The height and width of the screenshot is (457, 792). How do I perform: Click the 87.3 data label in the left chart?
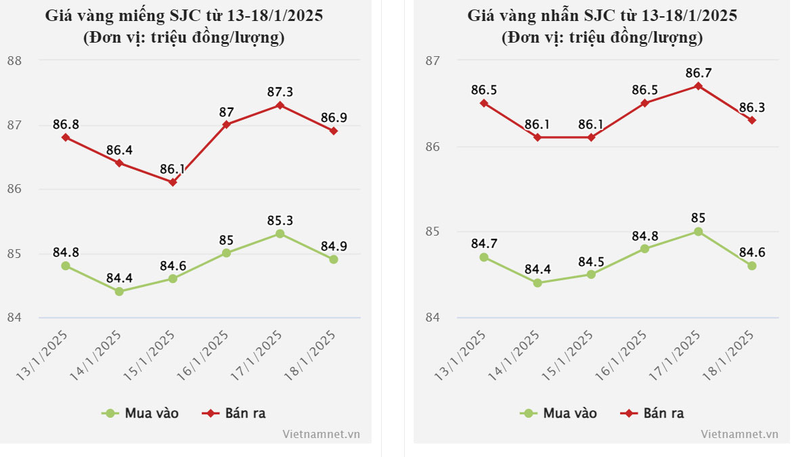280,91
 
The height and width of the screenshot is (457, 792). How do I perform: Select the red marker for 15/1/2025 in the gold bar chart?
173,182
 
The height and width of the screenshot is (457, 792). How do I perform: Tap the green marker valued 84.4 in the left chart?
119,292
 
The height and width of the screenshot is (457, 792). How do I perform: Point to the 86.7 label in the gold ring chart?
699,72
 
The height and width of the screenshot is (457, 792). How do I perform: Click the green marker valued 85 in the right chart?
699,232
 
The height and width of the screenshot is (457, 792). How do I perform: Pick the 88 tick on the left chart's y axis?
14,61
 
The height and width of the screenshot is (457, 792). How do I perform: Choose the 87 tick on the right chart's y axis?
433,61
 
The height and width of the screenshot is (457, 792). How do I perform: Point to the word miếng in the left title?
148,15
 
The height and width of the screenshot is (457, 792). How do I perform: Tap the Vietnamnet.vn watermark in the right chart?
739,434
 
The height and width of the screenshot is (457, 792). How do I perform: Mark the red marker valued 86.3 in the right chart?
752,121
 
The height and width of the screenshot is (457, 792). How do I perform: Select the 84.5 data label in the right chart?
591,261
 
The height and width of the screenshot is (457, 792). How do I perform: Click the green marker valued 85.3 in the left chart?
280,234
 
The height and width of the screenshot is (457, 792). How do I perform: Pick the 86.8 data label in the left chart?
66,124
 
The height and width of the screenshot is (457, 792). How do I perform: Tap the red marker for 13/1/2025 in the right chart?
484,103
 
